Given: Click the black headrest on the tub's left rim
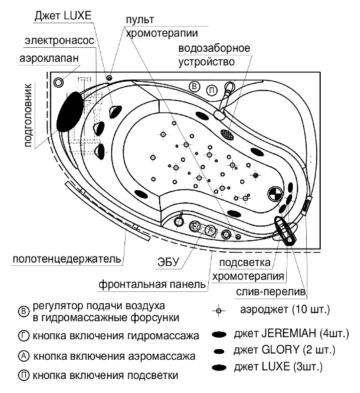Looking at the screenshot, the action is [70, 111].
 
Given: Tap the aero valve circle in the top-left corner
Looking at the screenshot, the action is [59, 82].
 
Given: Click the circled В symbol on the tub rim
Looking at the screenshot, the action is [194, 86].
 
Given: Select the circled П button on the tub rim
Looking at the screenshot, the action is [212, 90].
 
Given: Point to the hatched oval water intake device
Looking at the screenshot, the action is [228, 134].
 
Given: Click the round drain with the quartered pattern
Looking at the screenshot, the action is [275, 194].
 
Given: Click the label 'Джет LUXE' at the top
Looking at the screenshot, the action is [63, 16].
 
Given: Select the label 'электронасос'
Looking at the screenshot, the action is [59, 41].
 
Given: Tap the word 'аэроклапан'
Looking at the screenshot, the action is [49, 58].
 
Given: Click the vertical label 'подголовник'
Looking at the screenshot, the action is [28, 115].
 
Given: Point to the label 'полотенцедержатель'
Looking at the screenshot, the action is [67, 259].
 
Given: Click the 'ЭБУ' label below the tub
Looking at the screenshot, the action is [168, 262].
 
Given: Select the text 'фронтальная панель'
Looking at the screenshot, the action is [152, 285].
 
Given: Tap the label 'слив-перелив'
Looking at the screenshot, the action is [271, 291].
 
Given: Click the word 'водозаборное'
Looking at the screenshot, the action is [214, 48].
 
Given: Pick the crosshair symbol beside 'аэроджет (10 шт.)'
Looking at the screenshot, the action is [219, 311].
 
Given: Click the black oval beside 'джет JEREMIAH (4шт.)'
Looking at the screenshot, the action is [219, 334].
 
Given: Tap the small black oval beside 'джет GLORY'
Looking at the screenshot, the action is [219, 351].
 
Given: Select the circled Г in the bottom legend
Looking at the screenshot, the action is [24, 336].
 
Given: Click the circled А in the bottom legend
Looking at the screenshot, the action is [24, 356].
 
